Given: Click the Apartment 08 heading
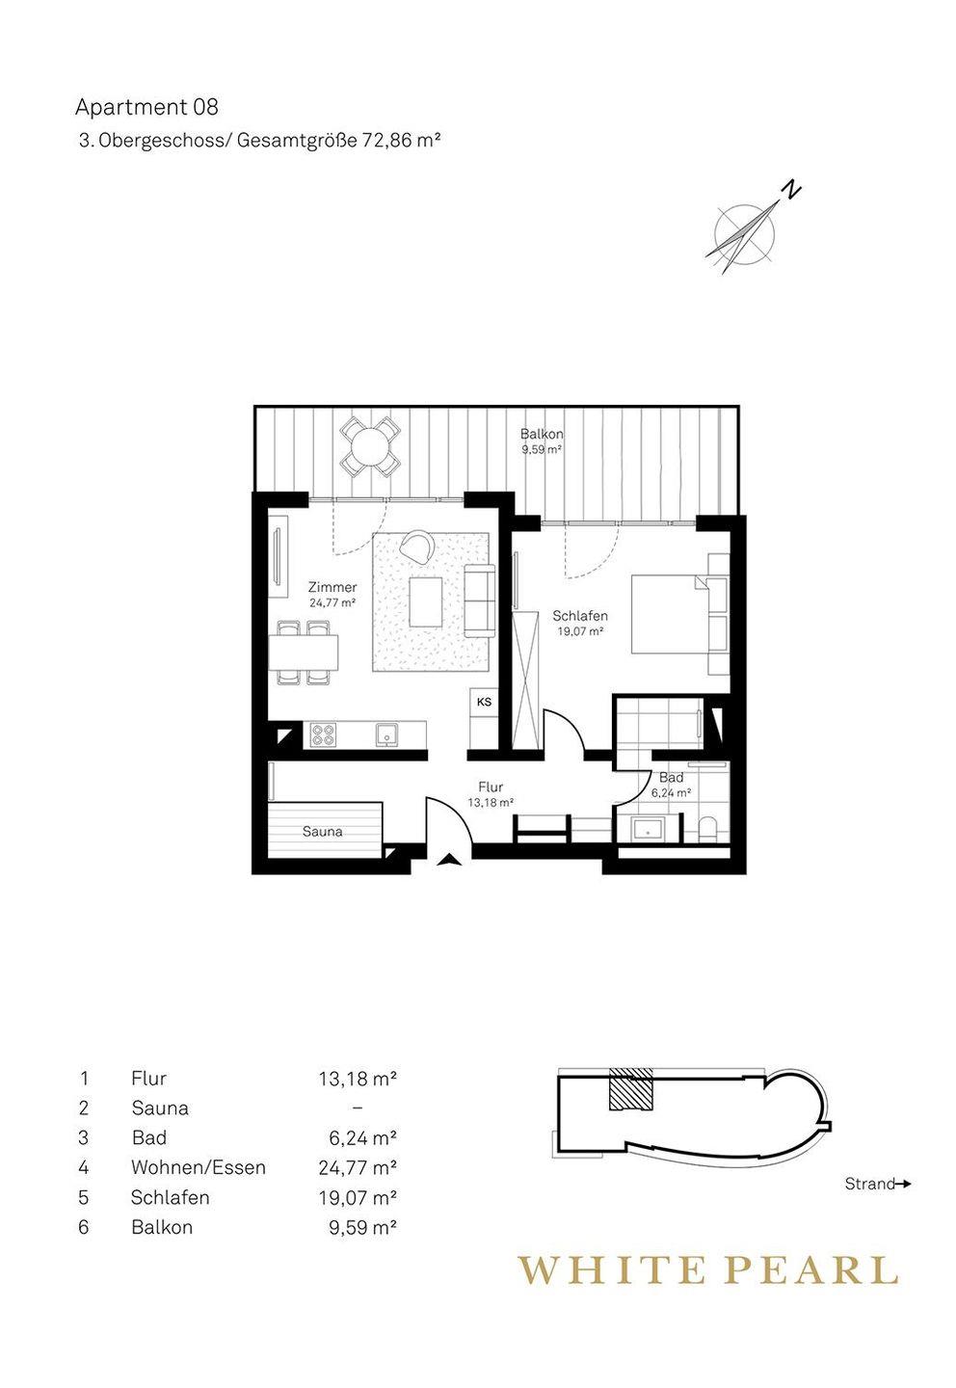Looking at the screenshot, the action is (x=146, y=107).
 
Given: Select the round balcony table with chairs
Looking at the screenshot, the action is (x=368, y=446).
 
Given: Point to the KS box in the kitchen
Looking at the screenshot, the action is (x=484, y=702).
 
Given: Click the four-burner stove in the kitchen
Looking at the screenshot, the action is (x=322, y=734).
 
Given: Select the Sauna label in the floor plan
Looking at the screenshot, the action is (x=322, y=832).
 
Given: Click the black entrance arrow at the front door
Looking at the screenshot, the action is (x=448, y=859).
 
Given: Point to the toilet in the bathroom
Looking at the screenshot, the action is (x=707, y=830).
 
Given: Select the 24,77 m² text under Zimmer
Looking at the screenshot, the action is (x=332, y=601).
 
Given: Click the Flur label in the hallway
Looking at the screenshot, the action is (x=491, y=787).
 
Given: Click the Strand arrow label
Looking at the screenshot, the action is (x=877, y=1184).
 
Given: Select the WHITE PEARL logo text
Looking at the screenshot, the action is (x=707, y=1269).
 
